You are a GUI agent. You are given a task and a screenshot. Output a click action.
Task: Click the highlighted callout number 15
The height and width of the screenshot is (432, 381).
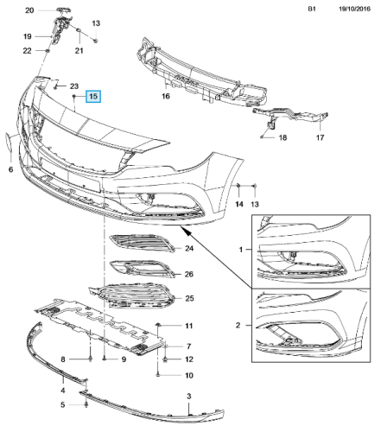(93, 96)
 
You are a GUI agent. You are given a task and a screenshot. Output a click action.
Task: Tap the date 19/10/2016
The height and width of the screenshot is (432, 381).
(354, 9)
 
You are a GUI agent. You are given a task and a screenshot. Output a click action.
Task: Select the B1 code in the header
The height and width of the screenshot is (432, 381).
(312, 9)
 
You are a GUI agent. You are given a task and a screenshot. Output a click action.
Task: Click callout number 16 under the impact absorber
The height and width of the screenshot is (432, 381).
(166, 96)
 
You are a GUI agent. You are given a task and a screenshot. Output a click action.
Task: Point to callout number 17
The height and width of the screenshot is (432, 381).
(320, 137)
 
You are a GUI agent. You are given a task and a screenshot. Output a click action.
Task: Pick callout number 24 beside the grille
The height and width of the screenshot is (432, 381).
(189, 248)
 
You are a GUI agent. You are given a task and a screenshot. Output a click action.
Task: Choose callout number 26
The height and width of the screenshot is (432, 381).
(189, 274)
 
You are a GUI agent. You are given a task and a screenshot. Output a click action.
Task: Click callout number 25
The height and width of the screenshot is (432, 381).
(189, 298)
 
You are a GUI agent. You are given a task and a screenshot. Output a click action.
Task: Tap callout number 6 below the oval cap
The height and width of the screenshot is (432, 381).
(10, 169)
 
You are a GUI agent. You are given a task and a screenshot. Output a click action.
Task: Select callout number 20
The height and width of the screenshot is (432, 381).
(29, 10)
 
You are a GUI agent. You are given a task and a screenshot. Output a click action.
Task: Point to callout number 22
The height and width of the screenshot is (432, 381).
(27, 51)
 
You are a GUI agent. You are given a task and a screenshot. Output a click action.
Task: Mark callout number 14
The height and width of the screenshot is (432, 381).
(239, 204)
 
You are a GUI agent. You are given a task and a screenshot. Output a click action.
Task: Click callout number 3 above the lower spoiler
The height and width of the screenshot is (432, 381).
(189, 396)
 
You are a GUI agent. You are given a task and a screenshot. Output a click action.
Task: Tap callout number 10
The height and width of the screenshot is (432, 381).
(189, 375)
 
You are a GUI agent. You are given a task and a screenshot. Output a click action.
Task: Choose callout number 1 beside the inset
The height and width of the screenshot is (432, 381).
(241, 250)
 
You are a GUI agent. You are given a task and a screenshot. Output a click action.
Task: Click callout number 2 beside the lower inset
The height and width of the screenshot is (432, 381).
(238, 326)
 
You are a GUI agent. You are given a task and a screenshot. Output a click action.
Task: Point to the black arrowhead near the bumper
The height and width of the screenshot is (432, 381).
(187, 232)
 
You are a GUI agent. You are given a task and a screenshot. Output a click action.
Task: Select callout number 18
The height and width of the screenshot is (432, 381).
(283, 137)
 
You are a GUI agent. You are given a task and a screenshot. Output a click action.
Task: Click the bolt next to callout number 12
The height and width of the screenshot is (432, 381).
(165, 359)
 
